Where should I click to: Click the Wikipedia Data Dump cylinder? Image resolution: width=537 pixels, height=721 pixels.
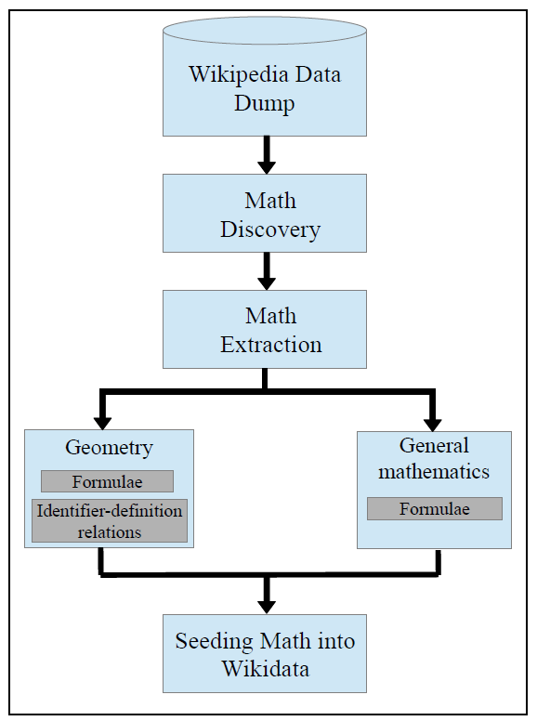point(265,84)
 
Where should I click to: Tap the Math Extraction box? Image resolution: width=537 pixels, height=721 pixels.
point(265,330)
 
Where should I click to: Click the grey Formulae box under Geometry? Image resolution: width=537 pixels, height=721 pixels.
point(107,481)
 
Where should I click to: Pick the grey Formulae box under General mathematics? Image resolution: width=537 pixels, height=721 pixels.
point(434,509)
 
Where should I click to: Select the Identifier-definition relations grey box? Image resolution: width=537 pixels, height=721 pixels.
point(110,521)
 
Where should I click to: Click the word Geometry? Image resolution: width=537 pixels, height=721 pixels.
point(109,448)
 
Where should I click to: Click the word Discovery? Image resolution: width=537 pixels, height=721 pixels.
point(270,229)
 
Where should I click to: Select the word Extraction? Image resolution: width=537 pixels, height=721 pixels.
point(271,345)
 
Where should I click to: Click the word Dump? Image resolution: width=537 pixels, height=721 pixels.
point(265,102)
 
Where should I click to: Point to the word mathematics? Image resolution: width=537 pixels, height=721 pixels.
point(434,471)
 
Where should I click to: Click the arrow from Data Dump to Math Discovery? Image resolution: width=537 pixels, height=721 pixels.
point(267,155)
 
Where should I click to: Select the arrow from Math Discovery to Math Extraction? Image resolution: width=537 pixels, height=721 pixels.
point(267,271)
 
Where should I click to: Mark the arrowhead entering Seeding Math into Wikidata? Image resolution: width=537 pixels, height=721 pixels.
point(267,604)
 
